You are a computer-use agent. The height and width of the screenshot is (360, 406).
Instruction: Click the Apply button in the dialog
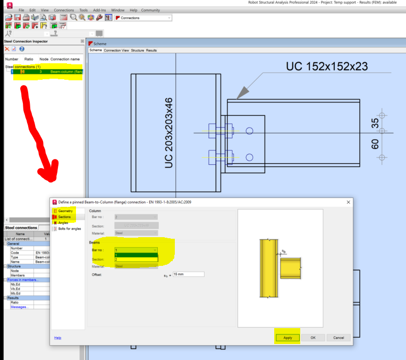287,338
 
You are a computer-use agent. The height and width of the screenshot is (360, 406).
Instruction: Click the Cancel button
339,338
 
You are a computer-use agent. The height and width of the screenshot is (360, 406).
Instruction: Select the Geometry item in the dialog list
65,211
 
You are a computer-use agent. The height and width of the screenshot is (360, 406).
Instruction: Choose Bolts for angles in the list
70,229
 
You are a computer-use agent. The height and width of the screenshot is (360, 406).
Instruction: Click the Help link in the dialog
57,338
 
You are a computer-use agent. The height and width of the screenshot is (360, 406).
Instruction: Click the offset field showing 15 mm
184,274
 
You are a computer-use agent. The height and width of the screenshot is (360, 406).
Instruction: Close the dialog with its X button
349,202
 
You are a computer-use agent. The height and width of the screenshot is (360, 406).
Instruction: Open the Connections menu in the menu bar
64,10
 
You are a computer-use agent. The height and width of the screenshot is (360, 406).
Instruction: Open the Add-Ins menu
99,10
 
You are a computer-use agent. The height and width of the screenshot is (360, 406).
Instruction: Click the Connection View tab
116,51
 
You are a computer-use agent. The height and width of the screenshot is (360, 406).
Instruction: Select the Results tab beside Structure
151,51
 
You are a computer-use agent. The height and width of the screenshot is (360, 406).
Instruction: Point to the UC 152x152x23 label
327,66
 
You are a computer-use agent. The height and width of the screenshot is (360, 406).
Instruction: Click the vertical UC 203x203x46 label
169,133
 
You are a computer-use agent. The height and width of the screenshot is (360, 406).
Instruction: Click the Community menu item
150,10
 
